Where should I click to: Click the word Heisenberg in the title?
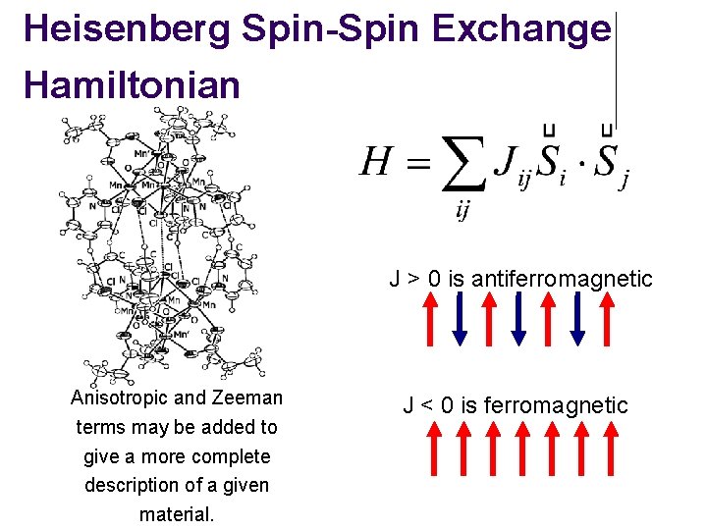[122, 28]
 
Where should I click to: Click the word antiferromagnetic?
[562, 279]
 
